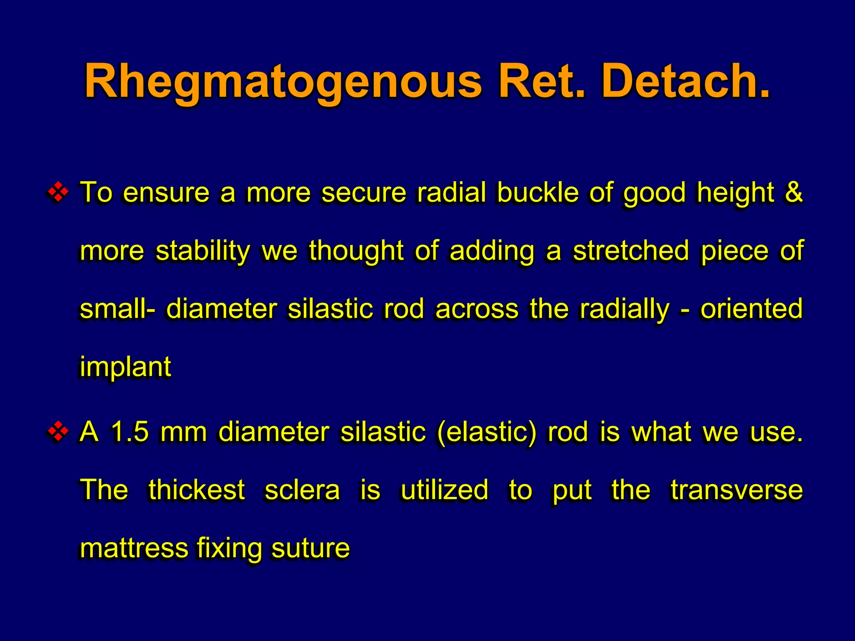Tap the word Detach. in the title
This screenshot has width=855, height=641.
[x=685, y=81]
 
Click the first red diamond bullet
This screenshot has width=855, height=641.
[x=58, y=192]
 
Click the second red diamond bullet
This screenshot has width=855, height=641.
[x=58, y=432]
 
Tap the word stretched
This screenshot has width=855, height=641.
[x=631, y=251]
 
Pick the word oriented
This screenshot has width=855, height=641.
[x=751, y=309]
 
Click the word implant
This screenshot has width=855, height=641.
[x=125, y=367]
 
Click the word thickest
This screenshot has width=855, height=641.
[x=196, y=490]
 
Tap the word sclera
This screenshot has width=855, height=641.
[x=302, y=490]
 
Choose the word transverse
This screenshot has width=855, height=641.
[x=737, y=490]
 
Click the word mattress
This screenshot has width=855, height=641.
[x=134, y=548]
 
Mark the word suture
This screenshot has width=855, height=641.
[x=310, y=548]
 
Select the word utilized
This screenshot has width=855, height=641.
[x=445, y=490]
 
